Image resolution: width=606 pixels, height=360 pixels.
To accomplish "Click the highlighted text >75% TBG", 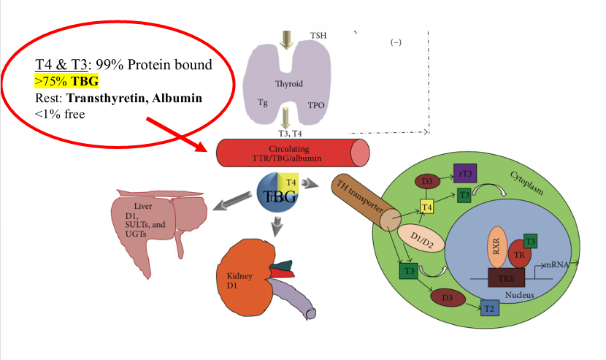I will point(66,81).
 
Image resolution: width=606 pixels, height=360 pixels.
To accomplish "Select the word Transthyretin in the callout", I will point(101,98).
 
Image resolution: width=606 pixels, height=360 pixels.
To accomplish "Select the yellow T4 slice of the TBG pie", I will point(290,183).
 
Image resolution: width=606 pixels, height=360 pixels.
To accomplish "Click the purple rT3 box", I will point(464,173).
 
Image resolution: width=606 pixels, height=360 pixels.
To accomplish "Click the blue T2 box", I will point(491,310).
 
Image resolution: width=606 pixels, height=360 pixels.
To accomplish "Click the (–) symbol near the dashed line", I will point(396,42).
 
